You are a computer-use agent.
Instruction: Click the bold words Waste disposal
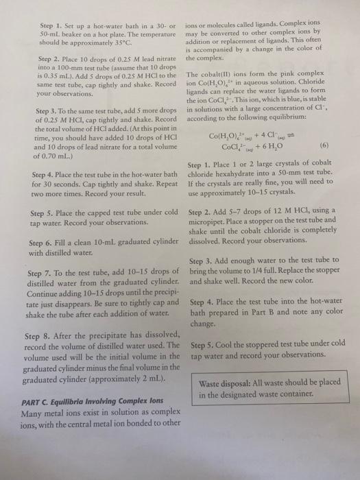[x=221, y=383]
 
